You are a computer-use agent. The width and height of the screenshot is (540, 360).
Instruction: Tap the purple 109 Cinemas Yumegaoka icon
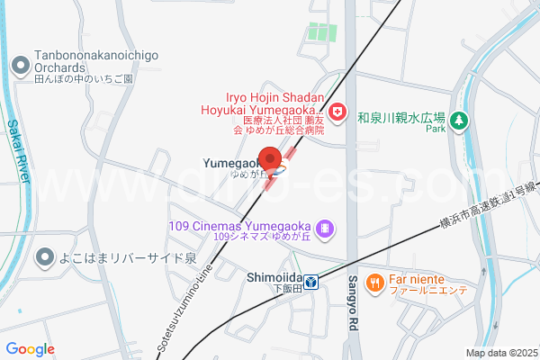[x=326, y=229]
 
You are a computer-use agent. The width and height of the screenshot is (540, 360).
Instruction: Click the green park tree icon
[x=459, y=119]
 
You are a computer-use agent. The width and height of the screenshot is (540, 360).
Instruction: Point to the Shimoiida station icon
[x=310, y=283]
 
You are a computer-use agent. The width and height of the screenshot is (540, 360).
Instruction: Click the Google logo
[x=30, y=349]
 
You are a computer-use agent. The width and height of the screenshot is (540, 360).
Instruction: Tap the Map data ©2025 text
[x=500, y=353]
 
